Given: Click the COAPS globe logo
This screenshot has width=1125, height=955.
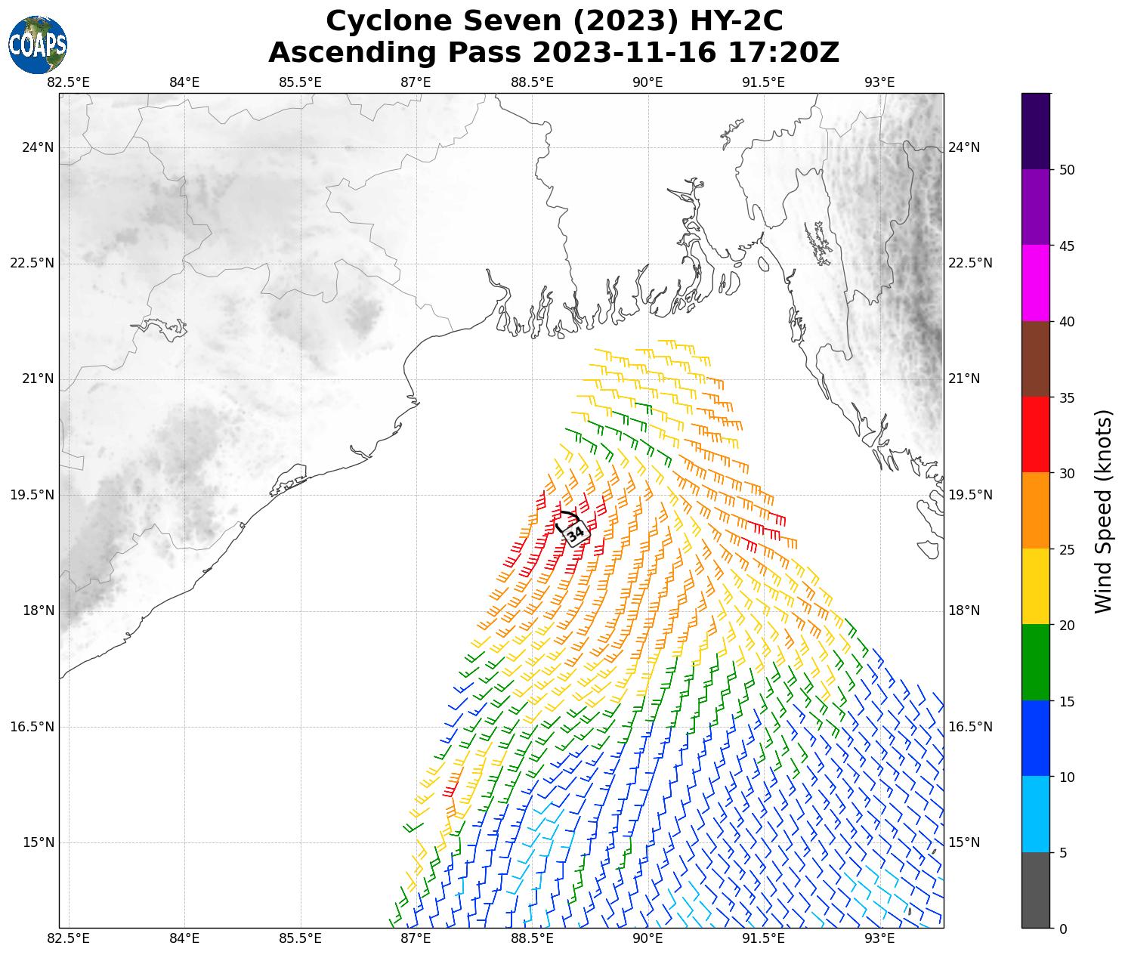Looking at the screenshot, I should (x=38, y=45).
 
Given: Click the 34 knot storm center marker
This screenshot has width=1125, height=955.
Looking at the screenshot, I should (x=575, y=533).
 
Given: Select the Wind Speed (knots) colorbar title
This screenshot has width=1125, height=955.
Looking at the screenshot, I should (x=1104, y=511).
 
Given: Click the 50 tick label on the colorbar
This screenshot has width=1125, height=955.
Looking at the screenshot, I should (x=1067, y=170).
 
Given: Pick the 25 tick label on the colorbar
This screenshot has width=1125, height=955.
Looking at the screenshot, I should (x=1067, y=549).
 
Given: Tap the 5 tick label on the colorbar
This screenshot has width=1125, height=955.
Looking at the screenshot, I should (x=1063, y=853).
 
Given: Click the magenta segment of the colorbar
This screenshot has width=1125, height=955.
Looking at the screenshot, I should (x=1035, y=283).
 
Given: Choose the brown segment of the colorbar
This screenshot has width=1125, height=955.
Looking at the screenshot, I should (x=1035, y=359).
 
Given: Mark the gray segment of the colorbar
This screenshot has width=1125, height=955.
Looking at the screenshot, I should (x=1035, y=890).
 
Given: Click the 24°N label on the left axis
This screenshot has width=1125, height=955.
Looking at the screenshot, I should (x=38, y=147).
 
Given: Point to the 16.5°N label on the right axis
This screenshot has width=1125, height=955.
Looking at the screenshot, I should (x=969, y=727).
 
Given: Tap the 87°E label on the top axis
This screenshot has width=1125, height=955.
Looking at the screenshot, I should (x=416, y=82).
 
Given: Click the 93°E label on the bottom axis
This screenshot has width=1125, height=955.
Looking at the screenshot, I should (x=879, y=939).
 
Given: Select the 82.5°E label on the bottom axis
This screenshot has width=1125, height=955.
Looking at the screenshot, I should (x=69, y=939).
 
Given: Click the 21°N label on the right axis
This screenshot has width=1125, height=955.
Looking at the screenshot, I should (x=964, y=379).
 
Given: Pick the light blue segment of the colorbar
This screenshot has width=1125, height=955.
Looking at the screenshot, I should (x=1035, y=814).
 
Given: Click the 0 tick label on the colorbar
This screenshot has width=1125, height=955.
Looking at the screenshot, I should (x=1063, y=929).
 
